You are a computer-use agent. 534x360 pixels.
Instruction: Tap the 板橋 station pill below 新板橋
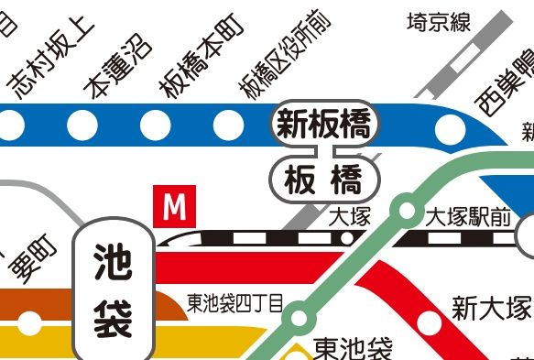[323, 179]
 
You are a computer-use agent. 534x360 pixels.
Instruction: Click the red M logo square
[174, 207]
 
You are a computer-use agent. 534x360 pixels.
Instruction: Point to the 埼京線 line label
[439, 21]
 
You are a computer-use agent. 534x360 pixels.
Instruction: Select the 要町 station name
[33, 260]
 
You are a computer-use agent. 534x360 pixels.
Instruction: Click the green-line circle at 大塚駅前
[403, 210]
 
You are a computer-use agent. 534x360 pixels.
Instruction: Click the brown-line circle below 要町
[30, 322]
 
